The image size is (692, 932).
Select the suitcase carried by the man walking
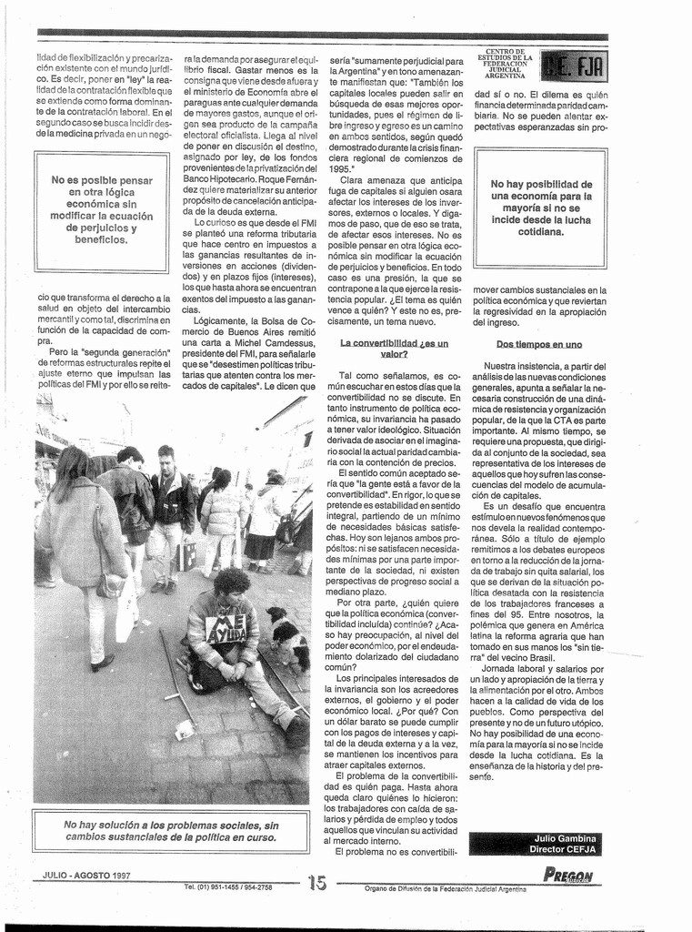(x=186, y=555)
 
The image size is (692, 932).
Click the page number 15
(x=316, y=882)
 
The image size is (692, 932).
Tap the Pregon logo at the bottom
(x=568, y=876)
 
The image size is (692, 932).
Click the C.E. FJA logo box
(x=574, y=66)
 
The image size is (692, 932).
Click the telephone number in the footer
(x=227, y=886)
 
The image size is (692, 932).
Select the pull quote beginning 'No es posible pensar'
(x=101, y=210)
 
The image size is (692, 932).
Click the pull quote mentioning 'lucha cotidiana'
(x=541, y=208)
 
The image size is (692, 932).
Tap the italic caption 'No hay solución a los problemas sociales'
(x=171, y=830)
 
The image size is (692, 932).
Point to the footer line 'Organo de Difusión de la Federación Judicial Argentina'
(x=445, y=888)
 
